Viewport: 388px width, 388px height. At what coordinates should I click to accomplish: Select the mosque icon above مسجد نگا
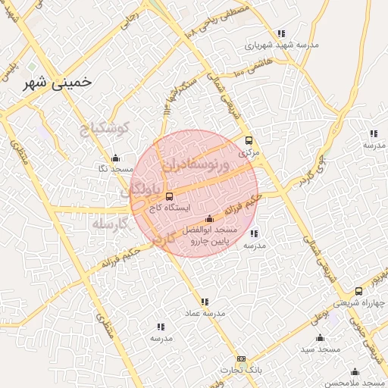pyautogui.click(x=114, y=158)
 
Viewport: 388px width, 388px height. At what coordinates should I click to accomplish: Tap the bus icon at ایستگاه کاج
pyautogui.click(x=168, y=196)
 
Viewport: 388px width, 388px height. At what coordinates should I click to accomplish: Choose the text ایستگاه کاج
pyautogui.click(x=171, y=206)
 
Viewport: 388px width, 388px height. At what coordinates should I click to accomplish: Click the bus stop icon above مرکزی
pyautogui.click(x=248, y=140)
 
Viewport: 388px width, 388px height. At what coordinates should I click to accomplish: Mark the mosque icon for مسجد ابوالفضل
pyautogui.click(x=210, y=218)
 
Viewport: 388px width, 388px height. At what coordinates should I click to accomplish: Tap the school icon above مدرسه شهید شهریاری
pyautogui.click(x=281, y=33)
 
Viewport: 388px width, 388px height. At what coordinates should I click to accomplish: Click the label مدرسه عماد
pyautogui.click(x=204, y=312)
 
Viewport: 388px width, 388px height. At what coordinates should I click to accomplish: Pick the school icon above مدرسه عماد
pyautogui.click(x=205, y=302)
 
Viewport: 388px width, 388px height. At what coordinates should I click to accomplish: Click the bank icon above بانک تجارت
pyautogui.click(x=241, y=358)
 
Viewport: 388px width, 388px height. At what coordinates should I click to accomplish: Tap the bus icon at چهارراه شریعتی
pyautogui.click(x=358, y=291)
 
